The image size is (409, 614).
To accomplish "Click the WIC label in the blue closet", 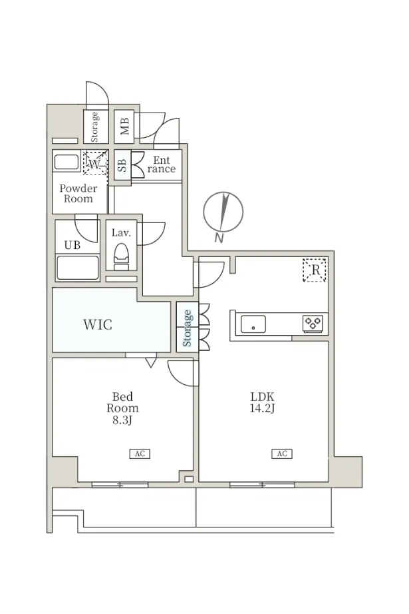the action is (98, 324).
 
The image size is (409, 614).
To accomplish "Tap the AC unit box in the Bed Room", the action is (140, 454).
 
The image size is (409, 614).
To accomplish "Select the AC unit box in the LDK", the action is (282, 454).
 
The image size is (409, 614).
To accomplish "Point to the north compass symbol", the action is (223, 212).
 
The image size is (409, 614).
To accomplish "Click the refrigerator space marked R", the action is (315, 270).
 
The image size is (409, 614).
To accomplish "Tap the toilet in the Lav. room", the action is (121, 256).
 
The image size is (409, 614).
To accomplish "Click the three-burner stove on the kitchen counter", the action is (314, 323).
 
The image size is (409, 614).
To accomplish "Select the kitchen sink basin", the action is (253, 324).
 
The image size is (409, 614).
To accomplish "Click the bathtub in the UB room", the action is (77, 268).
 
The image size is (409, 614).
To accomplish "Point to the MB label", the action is (125, 127).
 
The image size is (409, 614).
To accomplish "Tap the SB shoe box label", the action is (122, 165).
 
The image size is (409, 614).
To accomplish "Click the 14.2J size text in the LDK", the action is (263, 408).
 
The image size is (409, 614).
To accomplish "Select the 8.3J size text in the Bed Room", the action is (123, 420).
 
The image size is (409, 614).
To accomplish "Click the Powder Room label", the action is (78, 193).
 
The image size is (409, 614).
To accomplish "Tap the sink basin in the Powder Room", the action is (67, 162).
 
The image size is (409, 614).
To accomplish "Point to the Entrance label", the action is (162, 164).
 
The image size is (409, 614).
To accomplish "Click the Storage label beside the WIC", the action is (188, 328).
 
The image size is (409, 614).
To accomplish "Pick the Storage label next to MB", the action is (94, 127).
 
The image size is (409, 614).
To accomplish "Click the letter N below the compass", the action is (219, 238).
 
